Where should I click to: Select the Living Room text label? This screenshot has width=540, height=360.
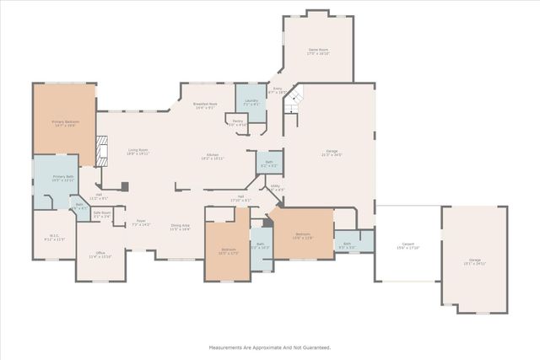pos(138,150)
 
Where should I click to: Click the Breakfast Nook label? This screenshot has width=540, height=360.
pos(205,105)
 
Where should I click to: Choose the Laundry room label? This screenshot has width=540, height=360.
pos(251,101)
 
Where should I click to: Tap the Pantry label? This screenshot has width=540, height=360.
pos(238,121)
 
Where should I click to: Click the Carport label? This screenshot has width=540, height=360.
pos(408,244)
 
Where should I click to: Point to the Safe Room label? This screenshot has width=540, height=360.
pos(102,214)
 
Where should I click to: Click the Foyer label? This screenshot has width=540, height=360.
pos(142,223)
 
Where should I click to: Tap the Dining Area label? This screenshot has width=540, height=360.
pos(180,226)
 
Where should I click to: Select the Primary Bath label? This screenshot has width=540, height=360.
pos(63,178)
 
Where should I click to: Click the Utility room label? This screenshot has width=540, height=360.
pos(275,187)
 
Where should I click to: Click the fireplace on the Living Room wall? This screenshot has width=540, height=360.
pos(102,153)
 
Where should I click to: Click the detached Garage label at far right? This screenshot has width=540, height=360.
pos(474,261)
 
